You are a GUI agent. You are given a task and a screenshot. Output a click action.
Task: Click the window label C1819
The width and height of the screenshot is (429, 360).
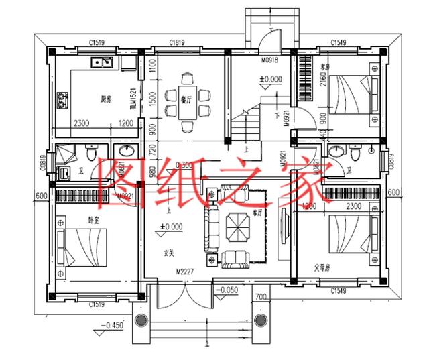click(178, 42)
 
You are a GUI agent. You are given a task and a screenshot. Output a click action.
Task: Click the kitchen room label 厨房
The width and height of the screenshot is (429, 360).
click(105, 99)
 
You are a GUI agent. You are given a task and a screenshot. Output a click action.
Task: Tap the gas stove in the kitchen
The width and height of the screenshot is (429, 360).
click(62, 100)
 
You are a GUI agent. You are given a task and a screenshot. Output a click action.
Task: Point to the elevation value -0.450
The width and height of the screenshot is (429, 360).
click(111, 326)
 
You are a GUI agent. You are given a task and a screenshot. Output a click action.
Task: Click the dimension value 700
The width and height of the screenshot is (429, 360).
click(260, 296)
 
